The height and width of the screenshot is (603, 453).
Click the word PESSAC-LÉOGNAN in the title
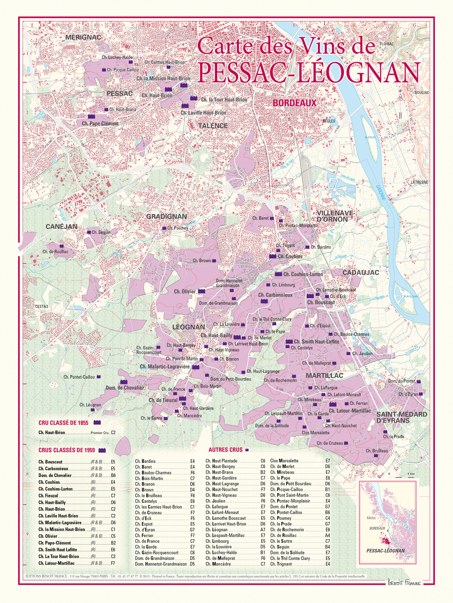tap(309, 72)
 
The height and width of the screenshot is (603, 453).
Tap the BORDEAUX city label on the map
tap(295, 103)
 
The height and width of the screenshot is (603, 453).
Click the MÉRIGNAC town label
tap(83, 37)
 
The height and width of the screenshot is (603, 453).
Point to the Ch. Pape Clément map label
tap(100, 124)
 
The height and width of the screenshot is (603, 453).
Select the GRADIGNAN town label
tap(166, 217)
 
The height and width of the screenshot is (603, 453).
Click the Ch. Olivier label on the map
tap(185, 291)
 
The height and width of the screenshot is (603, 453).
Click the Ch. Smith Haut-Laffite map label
tap(316, 342)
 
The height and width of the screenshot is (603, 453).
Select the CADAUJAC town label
tap(361, 272)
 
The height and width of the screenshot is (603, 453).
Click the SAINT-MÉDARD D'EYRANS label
tap(402, 417)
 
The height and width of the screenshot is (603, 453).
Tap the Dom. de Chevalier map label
tap(124, 388)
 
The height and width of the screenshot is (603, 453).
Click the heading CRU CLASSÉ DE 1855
tap(63, 423)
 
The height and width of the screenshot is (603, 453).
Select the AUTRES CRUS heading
tap(225, 450)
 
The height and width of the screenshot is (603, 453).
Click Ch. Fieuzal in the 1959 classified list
tap(48, 496)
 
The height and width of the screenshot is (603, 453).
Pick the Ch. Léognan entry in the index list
tap(216, 530)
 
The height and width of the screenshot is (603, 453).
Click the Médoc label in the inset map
tap(372, 517)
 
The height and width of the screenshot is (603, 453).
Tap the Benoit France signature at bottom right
tap(404, 583)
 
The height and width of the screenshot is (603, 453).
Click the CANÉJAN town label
tap(61, 226)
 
